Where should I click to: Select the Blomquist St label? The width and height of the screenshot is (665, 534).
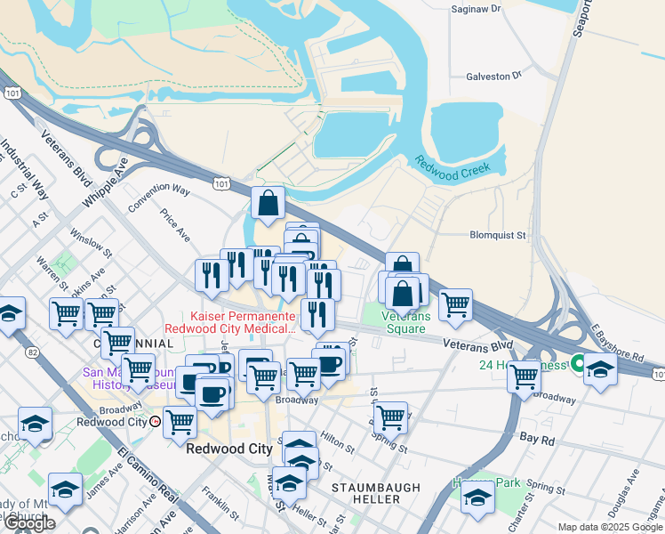coord(498,236)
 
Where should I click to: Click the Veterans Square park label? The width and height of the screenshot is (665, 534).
coord(407,322)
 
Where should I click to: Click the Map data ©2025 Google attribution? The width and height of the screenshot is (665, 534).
coord(610,527)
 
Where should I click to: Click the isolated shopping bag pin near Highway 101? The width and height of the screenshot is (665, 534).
coord(268,204)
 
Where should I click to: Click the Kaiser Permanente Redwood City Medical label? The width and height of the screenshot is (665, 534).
coord(242,323)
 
